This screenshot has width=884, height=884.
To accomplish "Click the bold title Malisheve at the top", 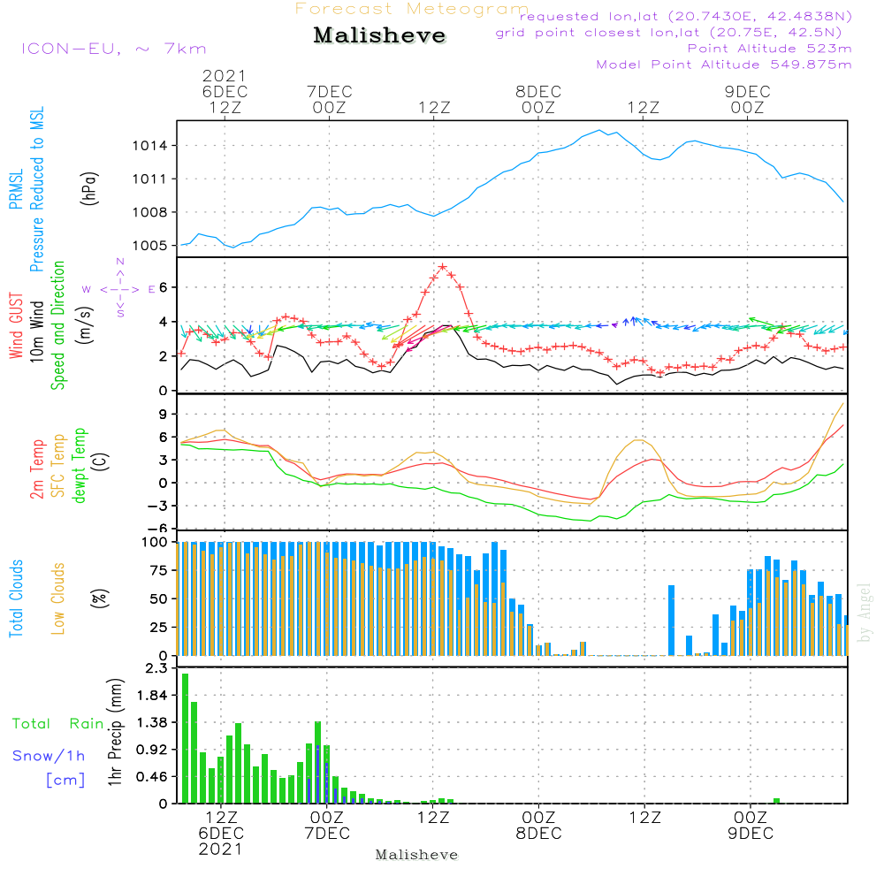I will pyautogui.click(x=379, y=36).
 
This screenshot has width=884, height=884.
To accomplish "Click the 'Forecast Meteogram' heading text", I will pyautogui.click(x=411, y=9).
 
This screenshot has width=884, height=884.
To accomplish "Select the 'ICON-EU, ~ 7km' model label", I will pyautogui.click(x=113, y=49).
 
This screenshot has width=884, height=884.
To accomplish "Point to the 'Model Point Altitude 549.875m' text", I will pyautogui.click(x=724, y=65).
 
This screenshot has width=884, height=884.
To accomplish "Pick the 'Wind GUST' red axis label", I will pyautogui.click(x=17, y=328).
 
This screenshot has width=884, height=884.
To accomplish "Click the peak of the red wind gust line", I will pyautogui.click(x=443, y=266).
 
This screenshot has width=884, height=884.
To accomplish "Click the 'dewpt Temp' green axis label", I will pyautogui.click(x=80, y=466).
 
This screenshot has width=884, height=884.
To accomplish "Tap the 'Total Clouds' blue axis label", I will pyautogui.click(x=16, y=598).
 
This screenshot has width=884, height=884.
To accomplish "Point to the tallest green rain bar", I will pyautogui.click(x=186, y=738).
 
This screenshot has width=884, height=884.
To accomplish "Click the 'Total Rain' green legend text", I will pyautogui.click(x=57, y=724).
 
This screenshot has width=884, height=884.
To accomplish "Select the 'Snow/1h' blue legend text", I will pyautogui.click(x=50, y=756).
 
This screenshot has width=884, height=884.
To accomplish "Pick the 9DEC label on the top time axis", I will pyautogui.click(x=747, y=92).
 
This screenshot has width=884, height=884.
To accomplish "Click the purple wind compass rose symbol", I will pyautogui.click(x=119, y=288).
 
